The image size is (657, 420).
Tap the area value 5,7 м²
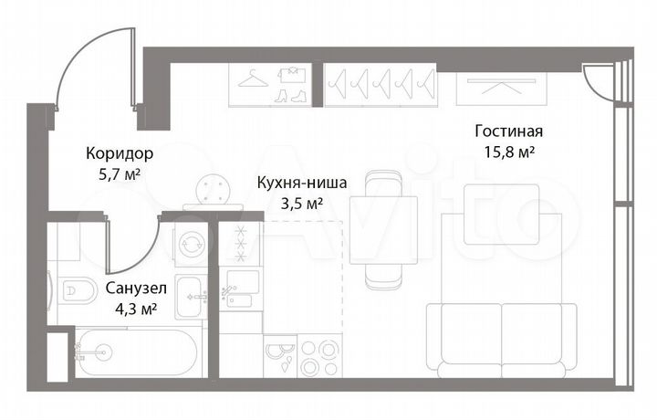(x=119, y=173)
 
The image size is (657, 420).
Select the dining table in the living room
(x=377, y=228)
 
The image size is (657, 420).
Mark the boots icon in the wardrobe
(x=295, y=94)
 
